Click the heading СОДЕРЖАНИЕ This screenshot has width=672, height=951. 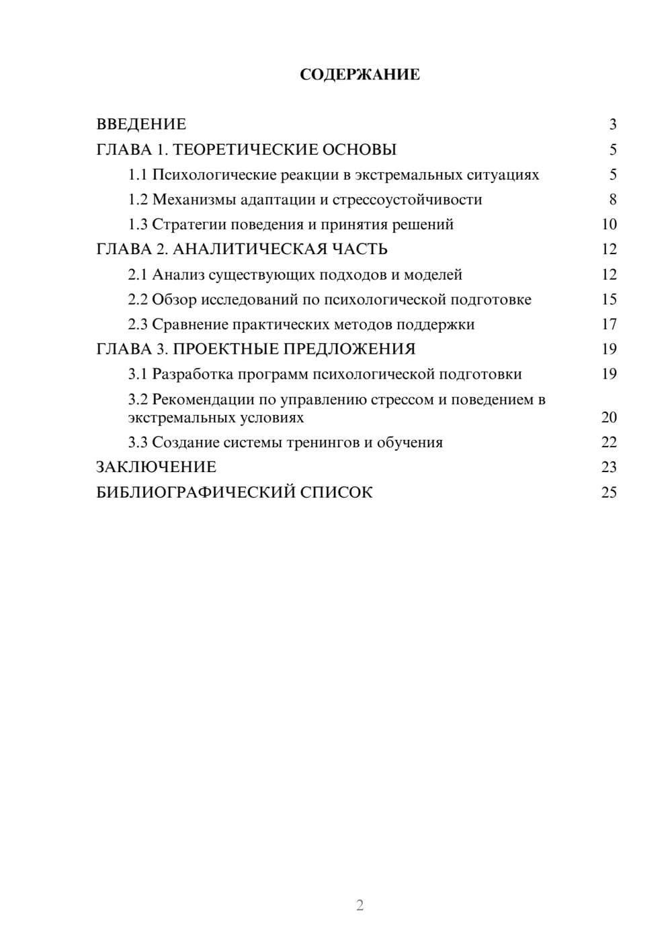point(360,75)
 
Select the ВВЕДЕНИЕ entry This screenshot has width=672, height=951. point(141,124)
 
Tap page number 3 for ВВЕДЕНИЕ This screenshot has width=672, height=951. point(612,124)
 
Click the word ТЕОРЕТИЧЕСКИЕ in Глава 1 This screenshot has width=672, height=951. point(247,149)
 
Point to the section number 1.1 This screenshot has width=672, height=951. point(138,175)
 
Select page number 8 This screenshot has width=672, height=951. point(612,200)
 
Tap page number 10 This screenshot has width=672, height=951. point(609,225)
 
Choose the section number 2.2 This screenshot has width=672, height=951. point(138,299)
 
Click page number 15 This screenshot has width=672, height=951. point(609,299)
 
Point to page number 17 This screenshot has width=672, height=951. point(609,324)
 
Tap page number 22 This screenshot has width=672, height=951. point(609,442)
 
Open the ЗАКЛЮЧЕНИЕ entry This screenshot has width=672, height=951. point(156,467)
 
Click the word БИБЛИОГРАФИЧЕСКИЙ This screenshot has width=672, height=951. point(196,492)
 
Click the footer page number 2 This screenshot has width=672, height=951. point(360,905)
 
